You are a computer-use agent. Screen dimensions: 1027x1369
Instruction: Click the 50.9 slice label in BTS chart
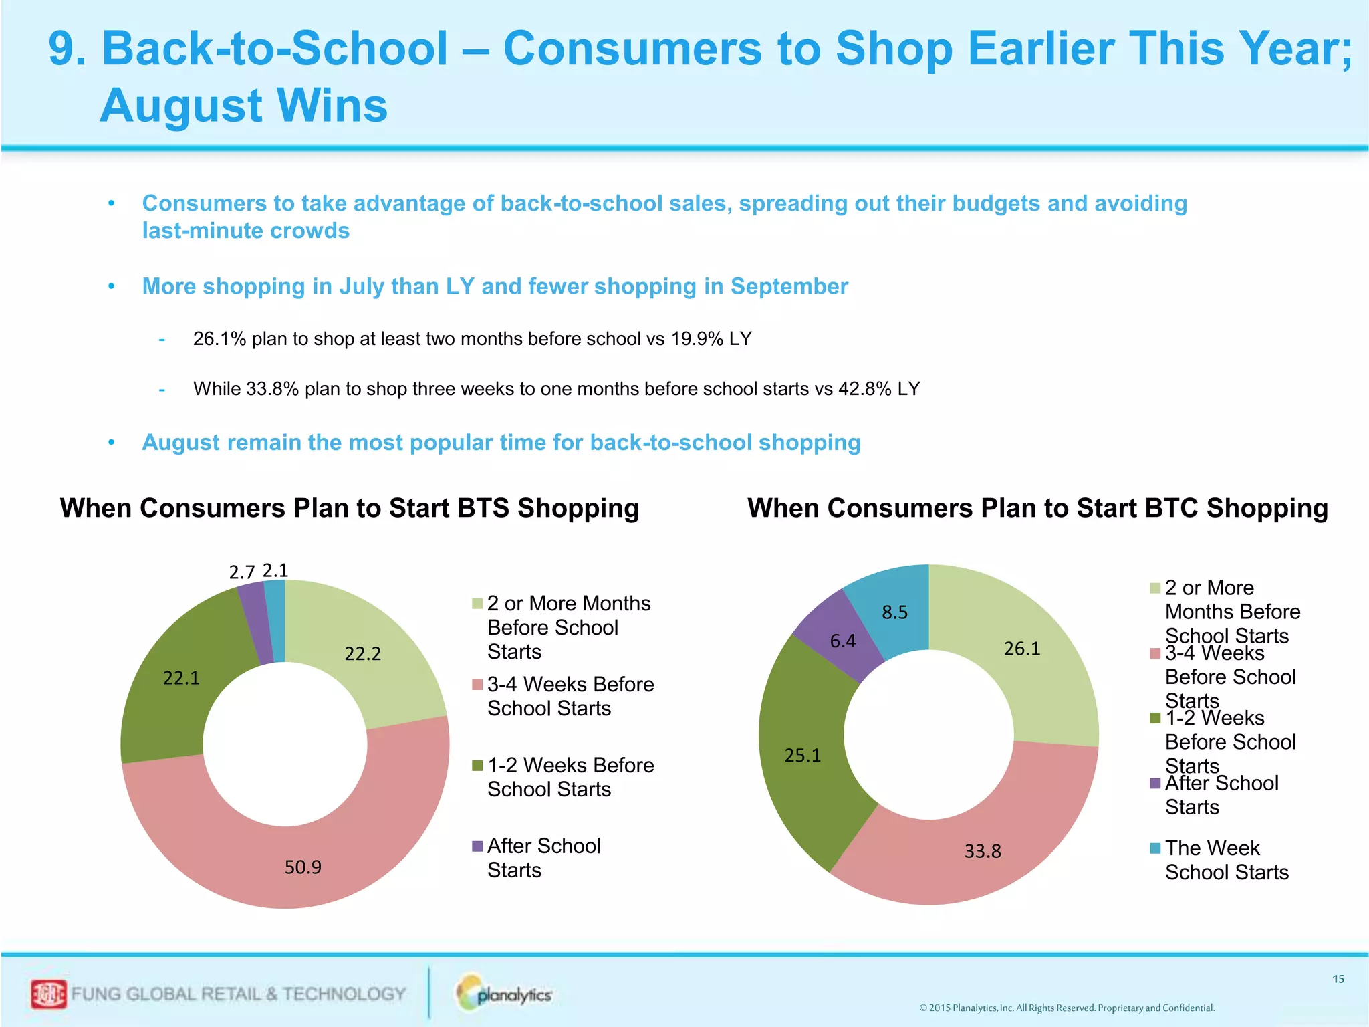click(303, 867)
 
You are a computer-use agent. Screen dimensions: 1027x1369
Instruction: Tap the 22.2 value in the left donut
click(362, 653)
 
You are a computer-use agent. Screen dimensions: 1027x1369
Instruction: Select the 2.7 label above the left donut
click(242, 572)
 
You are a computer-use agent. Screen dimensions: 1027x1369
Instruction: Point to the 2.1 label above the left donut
click(275, 570)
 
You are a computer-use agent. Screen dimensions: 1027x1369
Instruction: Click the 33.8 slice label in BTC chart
click(983, 851)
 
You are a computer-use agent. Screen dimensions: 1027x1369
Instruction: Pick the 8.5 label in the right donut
click(894, 612)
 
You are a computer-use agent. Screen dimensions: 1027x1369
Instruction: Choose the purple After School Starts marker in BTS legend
click(477, 846)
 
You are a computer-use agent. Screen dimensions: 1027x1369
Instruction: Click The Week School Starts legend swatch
click(1155, 848)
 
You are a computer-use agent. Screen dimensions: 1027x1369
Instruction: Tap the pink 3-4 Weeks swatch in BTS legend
click(477, 685)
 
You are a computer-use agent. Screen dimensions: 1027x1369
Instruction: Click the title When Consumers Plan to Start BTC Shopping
click(1037, 508)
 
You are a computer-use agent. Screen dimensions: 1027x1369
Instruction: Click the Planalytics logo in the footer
click(505, 994)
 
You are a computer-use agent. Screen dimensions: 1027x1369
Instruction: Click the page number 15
click(1338, 979)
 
